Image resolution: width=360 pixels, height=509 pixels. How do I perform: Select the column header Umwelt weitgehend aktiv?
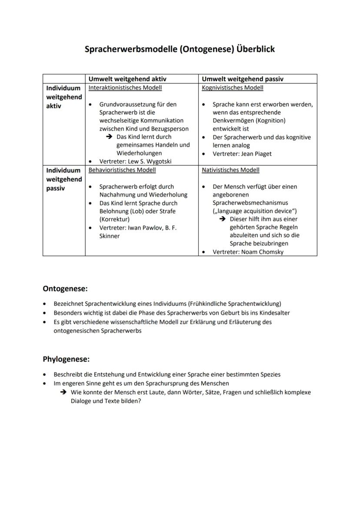[127, 79]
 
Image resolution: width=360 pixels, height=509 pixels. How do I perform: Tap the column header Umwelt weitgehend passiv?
[243, 79]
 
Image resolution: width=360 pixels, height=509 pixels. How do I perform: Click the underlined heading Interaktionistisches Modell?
[125, 88]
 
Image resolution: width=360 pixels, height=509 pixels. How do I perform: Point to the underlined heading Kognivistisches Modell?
[233, 88]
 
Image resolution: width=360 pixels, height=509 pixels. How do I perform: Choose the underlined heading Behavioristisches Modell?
[122, 170]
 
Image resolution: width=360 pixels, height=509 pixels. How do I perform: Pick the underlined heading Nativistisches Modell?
[230, 170]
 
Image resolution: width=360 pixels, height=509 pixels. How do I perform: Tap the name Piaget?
[263, 154]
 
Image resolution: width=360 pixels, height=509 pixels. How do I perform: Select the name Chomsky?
[270, 252]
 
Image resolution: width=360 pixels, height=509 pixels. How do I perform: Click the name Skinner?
[110, 236]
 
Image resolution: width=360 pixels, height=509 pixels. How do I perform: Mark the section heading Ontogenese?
[65, 288]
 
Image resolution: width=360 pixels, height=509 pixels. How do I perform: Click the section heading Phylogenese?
[66, 359]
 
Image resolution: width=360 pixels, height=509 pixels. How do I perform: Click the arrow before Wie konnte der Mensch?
[63, 393]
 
